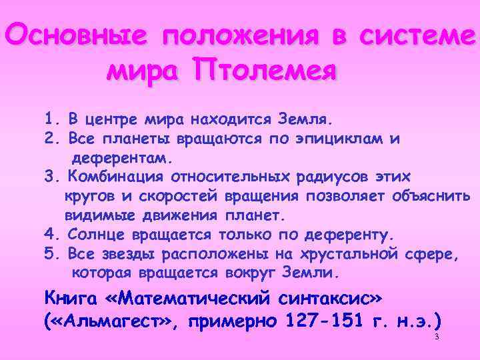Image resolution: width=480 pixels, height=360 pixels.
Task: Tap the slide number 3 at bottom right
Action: pos(436,337)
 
